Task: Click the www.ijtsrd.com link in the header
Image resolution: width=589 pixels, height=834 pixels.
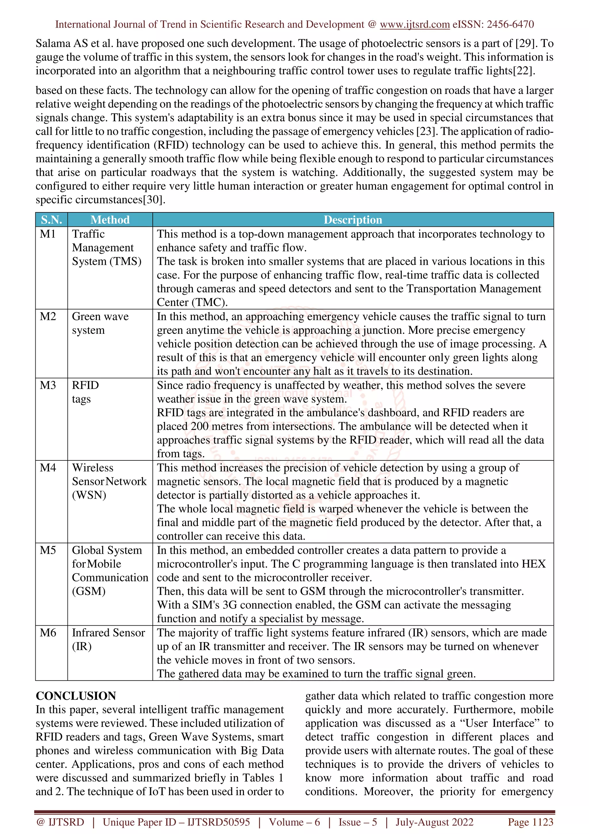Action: [414, 24]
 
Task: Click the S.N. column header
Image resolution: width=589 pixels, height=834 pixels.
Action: [51, 220]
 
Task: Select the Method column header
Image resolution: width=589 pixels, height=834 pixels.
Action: [110, 220]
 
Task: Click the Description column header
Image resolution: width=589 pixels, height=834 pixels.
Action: [353, 220]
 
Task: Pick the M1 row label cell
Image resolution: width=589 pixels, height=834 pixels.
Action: [48, 234]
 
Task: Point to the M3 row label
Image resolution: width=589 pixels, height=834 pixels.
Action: [48, 385]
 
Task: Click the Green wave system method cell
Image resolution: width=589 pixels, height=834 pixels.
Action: [100, 323]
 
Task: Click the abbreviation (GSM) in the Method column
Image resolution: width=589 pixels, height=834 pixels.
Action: [89, 591]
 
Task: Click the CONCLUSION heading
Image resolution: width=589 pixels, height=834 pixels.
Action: [76, 696]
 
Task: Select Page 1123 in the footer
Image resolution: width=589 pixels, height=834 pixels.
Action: [530, 822]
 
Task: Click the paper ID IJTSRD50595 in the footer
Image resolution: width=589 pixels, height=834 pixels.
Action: [219, 822]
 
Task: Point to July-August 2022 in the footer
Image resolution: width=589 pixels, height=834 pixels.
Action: [434, 822]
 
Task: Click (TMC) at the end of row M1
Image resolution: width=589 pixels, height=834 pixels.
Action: [210, 302]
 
